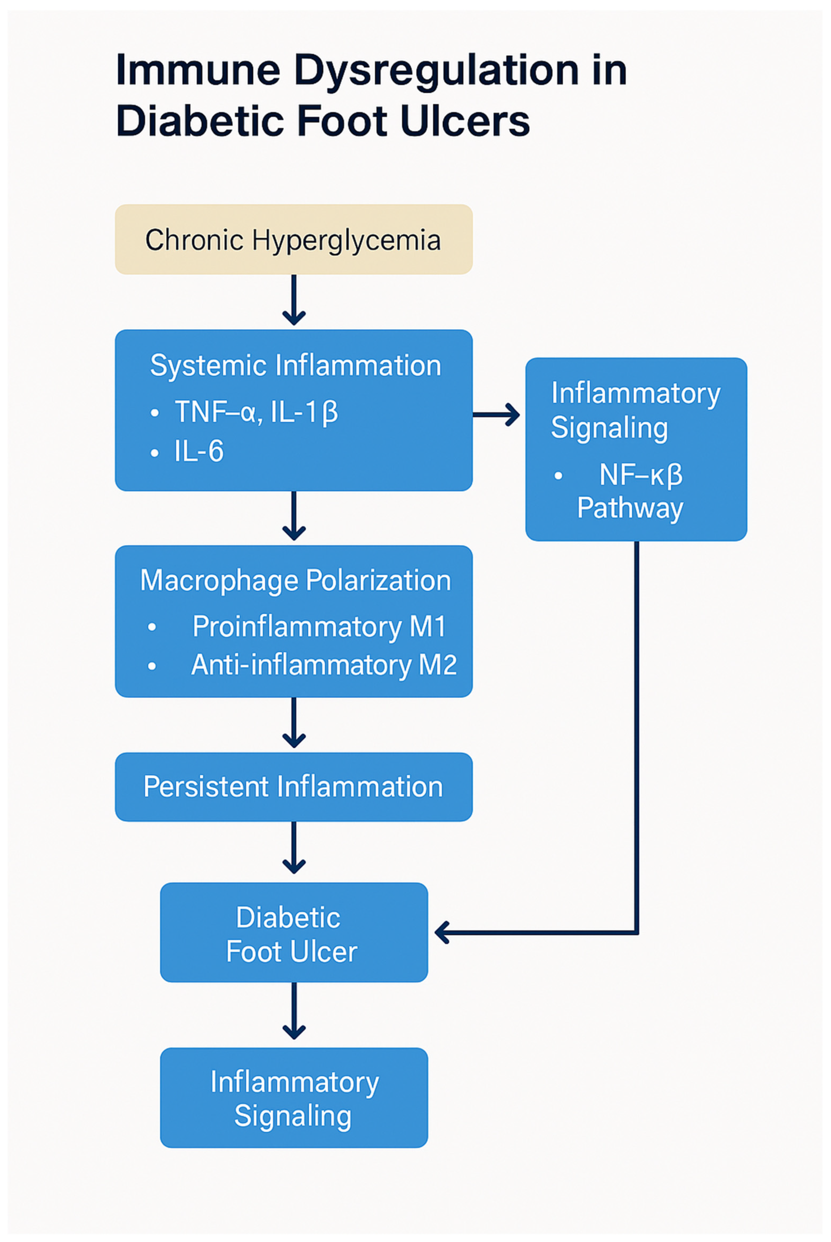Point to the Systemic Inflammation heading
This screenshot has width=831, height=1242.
coord(295,366)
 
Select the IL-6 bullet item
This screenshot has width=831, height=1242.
coord(199,451)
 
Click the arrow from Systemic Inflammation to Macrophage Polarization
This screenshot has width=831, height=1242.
coord(294,516)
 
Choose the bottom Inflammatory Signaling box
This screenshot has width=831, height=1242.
coord(294,1099)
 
